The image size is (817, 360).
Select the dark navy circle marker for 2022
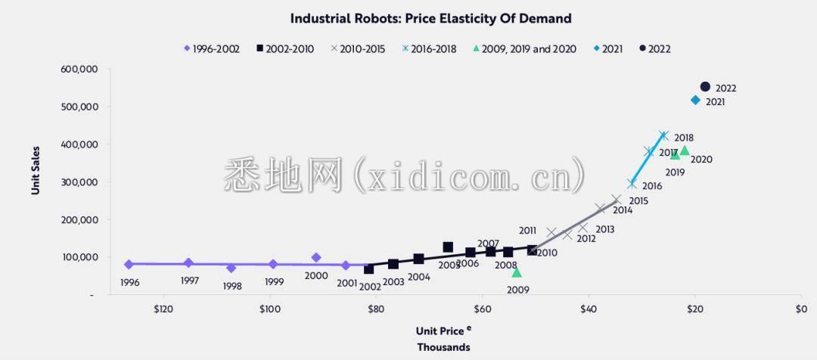click(705, 87)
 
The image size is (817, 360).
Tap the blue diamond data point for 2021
click(695, 100)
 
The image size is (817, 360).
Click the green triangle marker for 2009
click(517, 272)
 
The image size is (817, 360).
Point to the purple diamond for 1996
click(129, 265)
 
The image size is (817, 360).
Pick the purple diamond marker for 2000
click(316, 258)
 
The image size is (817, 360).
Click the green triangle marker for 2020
click(685, 151)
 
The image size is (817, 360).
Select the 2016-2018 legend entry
click(429, 49)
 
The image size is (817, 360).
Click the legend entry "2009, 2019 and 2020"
click(524, 49)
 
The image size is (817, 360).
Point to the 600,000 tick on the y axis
click(79, 70)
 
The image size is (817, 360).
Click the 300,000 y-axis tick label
click(79, 182)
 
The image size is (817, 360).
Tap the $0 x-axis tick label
click(801, 309)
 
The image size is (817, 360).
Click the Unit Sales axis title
click(36, 171)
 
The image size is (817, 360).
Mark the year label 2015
click(638, 201)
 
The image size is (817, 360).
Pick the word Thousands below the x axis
click(443, 347)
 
